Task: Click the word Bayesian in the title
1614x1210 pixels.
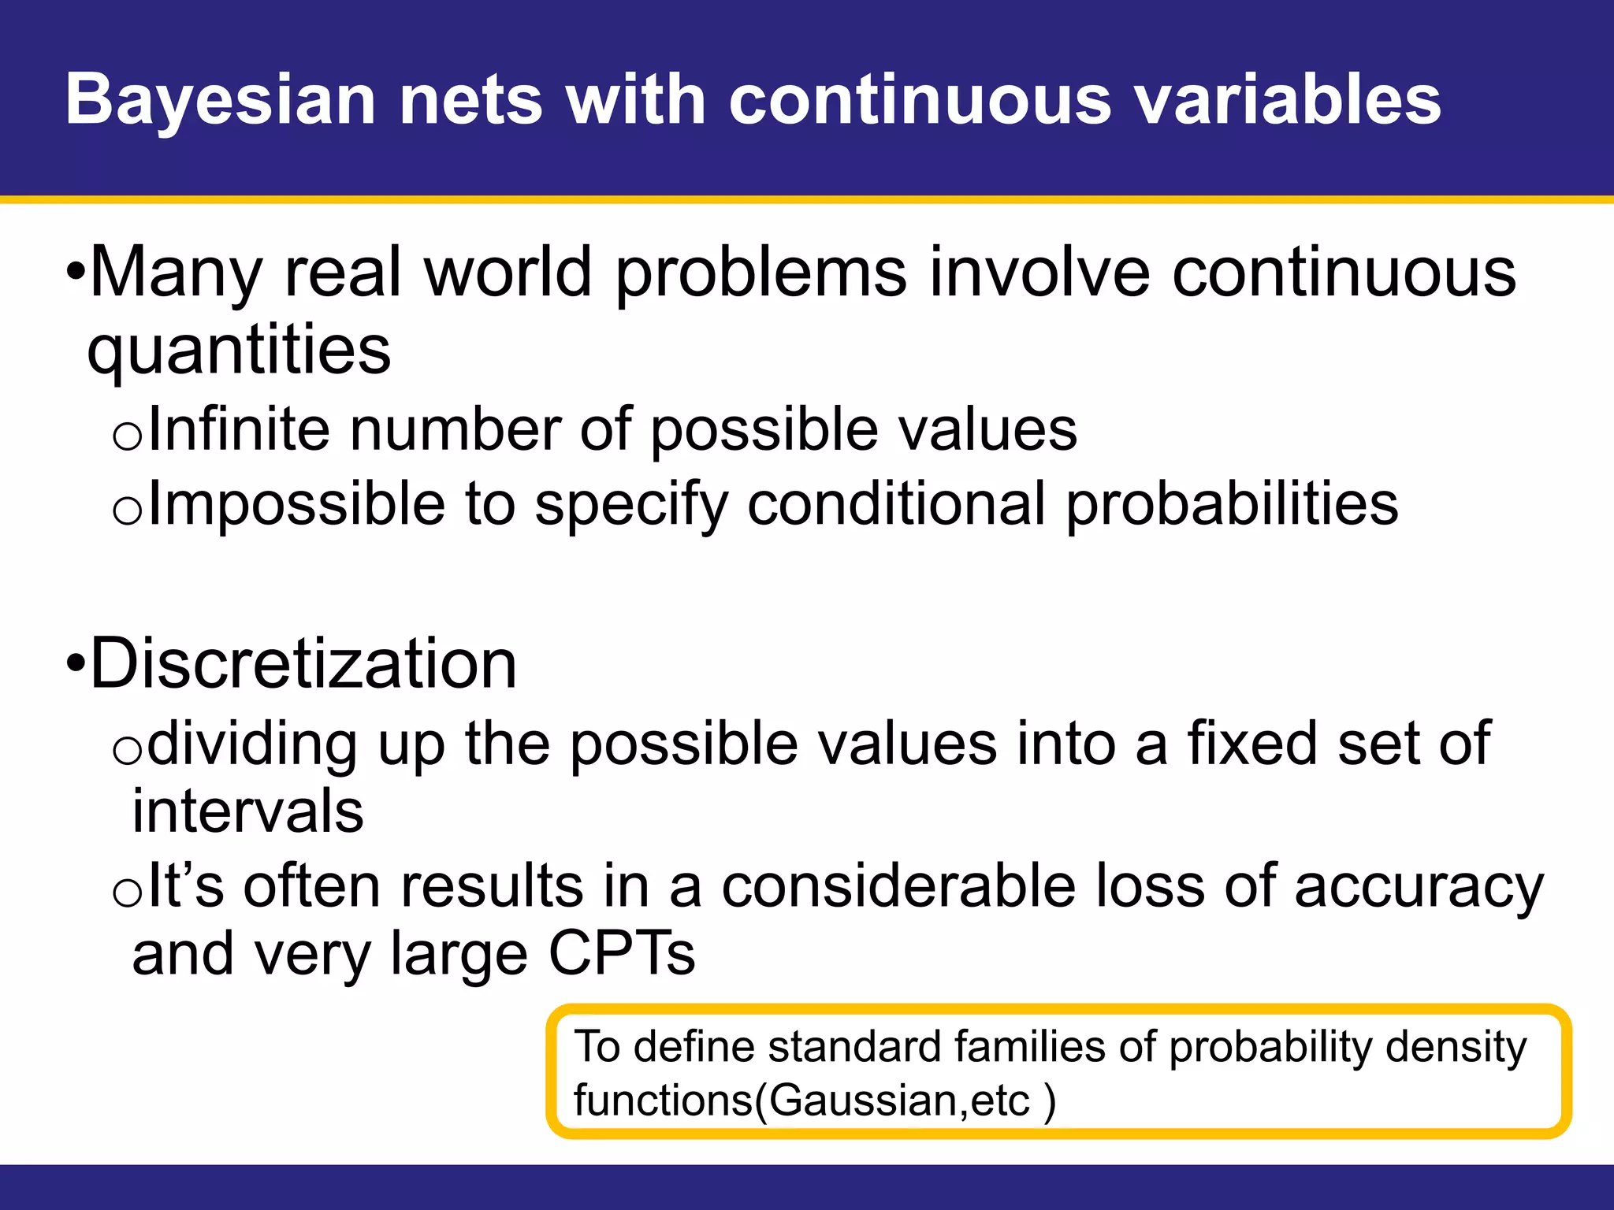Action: point(221,101)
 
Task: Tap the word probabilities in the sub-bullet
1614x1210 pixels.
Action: point(1232,504)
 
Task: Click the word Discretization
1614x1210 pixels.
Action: point(303,663)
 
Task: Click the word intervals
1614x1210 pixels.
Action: point(247,811)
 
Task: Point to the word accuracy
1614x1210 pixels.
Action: point(1419,887)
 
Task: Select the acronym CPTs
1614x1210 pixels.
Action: point(621,953)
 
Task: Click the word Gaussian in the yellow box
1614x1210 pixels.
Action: point(864,1101)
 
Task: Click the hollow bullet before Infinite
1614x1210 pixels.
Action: point(127,436)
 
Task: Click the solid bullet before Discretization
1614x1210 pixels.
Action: point(76,663)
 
